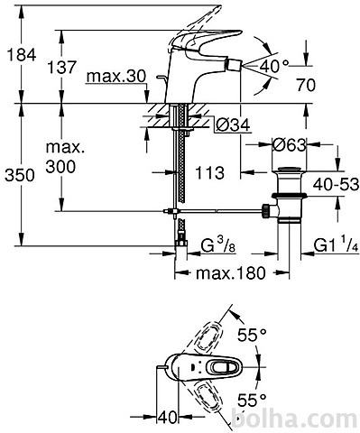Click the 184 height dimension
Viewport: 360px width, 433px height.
point(22,55)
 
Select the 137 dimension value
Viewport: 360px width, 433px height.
point(62,67)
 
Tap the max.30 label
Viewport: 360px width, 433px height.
point(116,77)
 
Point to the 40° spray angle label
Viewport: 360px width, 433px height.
point(273,66)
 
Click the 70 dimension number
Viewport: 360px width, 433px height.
point(306,85)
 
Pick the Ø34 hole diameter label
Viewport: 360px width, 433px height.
point(233,124)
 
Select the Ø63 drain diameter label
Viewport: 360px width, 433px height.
point(289,145)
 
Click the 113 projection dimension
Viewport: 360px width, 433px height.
point(210,172)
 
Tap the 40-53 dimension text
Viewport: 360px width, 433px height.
point(336,184)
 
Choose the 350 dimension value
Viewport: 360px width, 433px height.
point(20,175)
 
